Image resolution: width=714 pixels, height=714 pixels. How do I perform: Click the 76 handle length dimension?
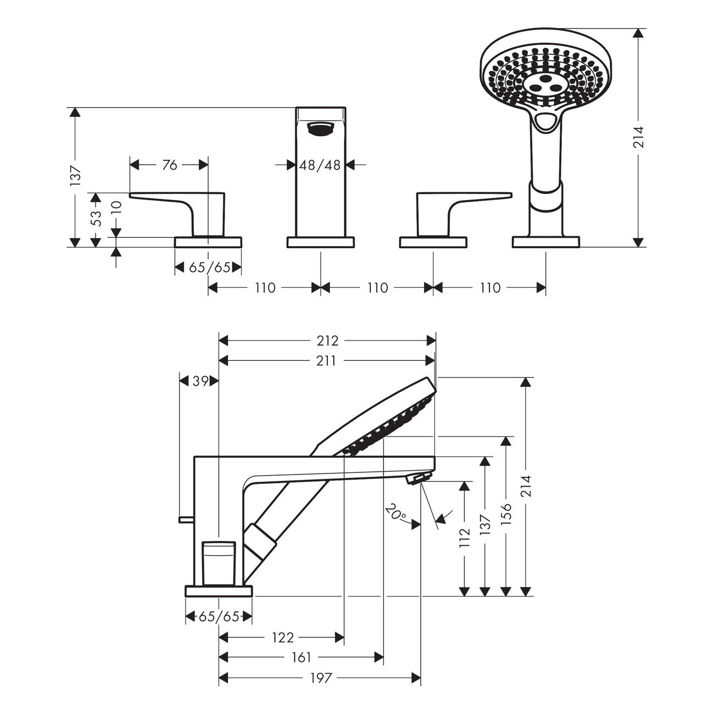tap(170, 165)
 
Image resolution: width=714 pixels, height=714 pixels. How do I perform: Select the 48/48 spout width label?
tap(320, 165)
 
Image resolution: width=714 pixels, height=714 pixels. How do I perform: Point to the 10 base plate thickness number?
tap(115, 207)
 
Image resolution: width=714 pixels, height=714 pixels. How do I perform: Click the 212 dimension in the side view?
tap(327, 341)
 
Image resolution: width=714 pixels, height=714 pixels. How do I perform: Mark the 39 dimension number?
tap(200, 381)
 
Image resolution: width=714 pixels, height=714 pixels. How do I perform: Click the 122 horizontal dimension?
tap(283, 638)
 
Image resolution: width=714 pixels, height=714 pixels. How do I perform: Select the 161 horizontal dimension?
tap(301, 657)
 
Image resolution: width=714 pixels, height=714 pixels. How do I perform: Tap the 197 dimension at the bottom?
tap(320, 678)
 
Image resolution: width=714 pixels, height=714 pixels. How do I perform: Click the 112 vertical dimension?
tap(465, 538)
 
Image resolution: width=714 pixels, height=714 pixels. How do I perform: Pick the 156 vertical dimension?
tap(506, 515)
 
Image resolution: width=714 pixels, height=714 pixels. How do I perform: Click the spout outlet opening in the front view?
tap(320, 129)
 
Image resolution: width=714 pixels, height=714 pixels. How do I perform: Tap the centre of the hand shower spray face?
tap(545, 84)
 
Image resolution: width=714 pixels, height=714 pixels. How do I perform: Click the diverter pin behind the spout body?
tap(186, 518)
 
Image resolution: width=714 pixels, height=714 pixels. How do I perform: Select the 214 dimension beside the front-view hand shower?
tap(638, 137)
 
